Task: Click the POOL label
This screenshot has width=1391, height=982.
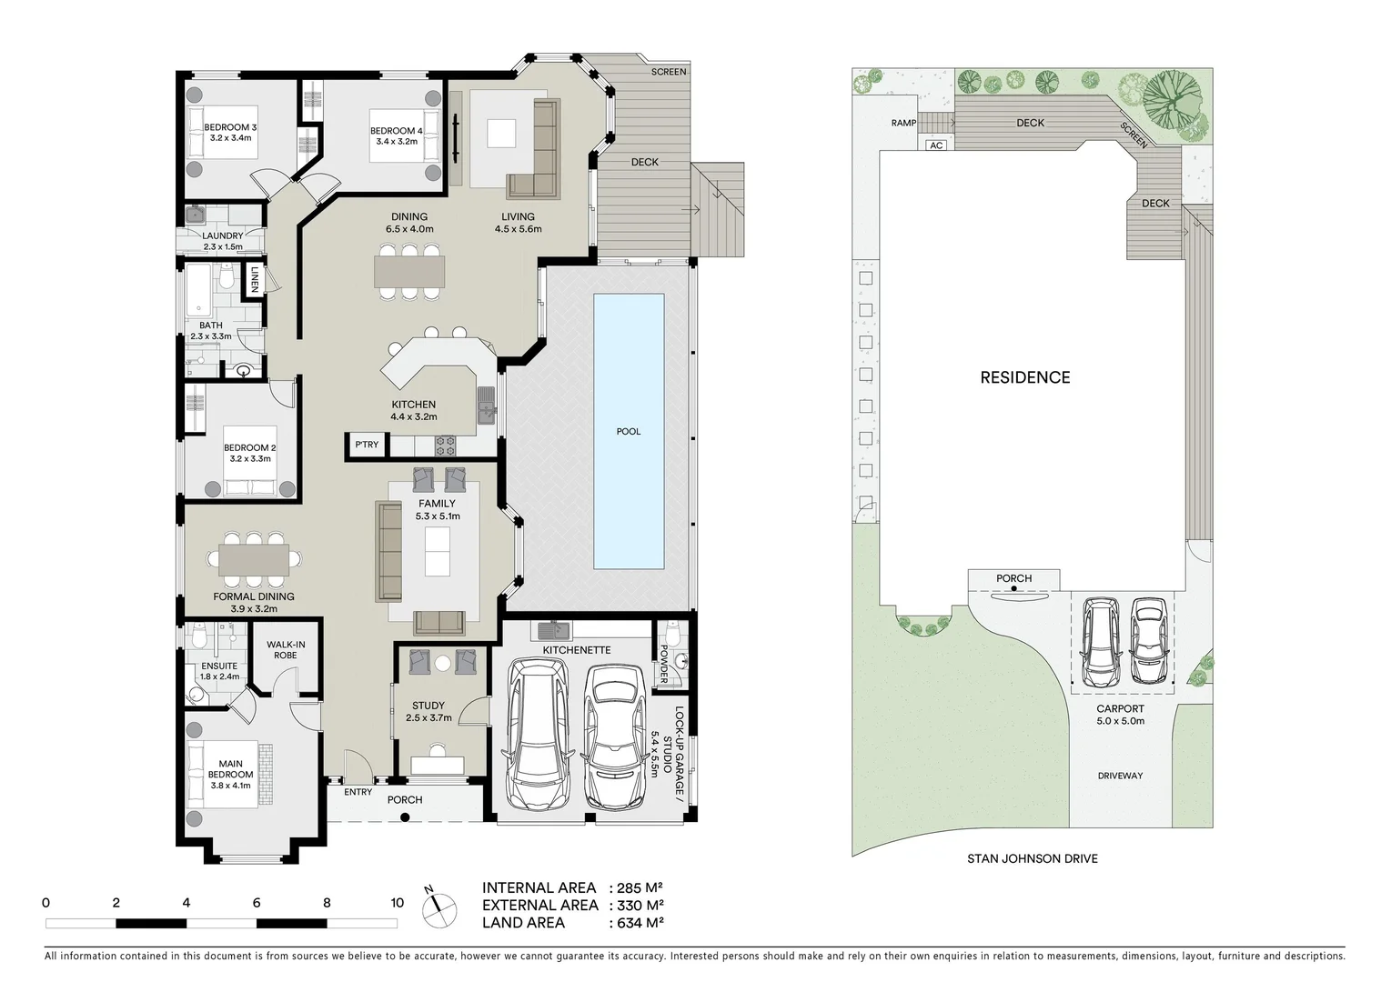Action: [x=629, y=431]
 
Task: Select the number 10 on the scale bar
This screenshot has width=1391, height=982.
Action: [x=398, y=903]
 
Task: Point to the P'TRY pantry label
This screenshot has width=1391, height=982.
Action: [x=367, y=445]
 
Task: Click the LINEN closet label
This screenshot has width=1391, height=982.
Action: [x=255, y=279]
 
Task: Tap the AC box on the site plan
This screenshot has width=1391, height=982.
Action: [x=936, y=145]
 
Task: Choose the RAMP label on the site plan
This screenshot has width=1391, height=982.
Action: [x=903, y=123]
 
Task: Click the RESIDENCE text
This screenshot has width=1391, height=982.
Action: [x=1025, y=377]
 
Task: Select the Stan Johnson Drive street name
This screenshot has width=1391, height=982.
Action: [x=1033, y=858]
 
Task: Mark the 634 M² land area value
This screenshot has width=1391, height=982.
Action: [x=640, y=923]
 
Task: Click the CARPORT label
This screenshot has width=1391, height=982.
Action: [x=1120, y=708]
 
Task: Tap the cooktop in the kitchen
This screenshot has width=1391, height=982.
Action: [x=445, y=446]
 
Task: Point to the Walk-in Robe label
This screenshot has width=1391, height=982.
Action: [x=286, y=650]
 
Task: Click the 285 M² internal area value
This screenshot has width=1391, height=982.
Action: [x=640, y=887]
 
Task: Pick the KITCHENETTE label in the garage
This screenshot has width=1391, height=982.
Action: [x=577, y=650]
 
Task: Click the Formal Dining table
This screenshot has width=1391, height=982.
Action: [x=253, y=560]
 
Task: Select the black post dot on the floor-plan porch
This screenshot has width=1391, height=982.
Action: [x=405, y=817]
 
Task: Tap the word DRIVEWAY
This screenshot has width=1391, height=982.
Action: [x=1120, y=776]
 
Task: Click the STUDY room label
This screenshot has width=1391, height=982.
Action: [x=428, y=706]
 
